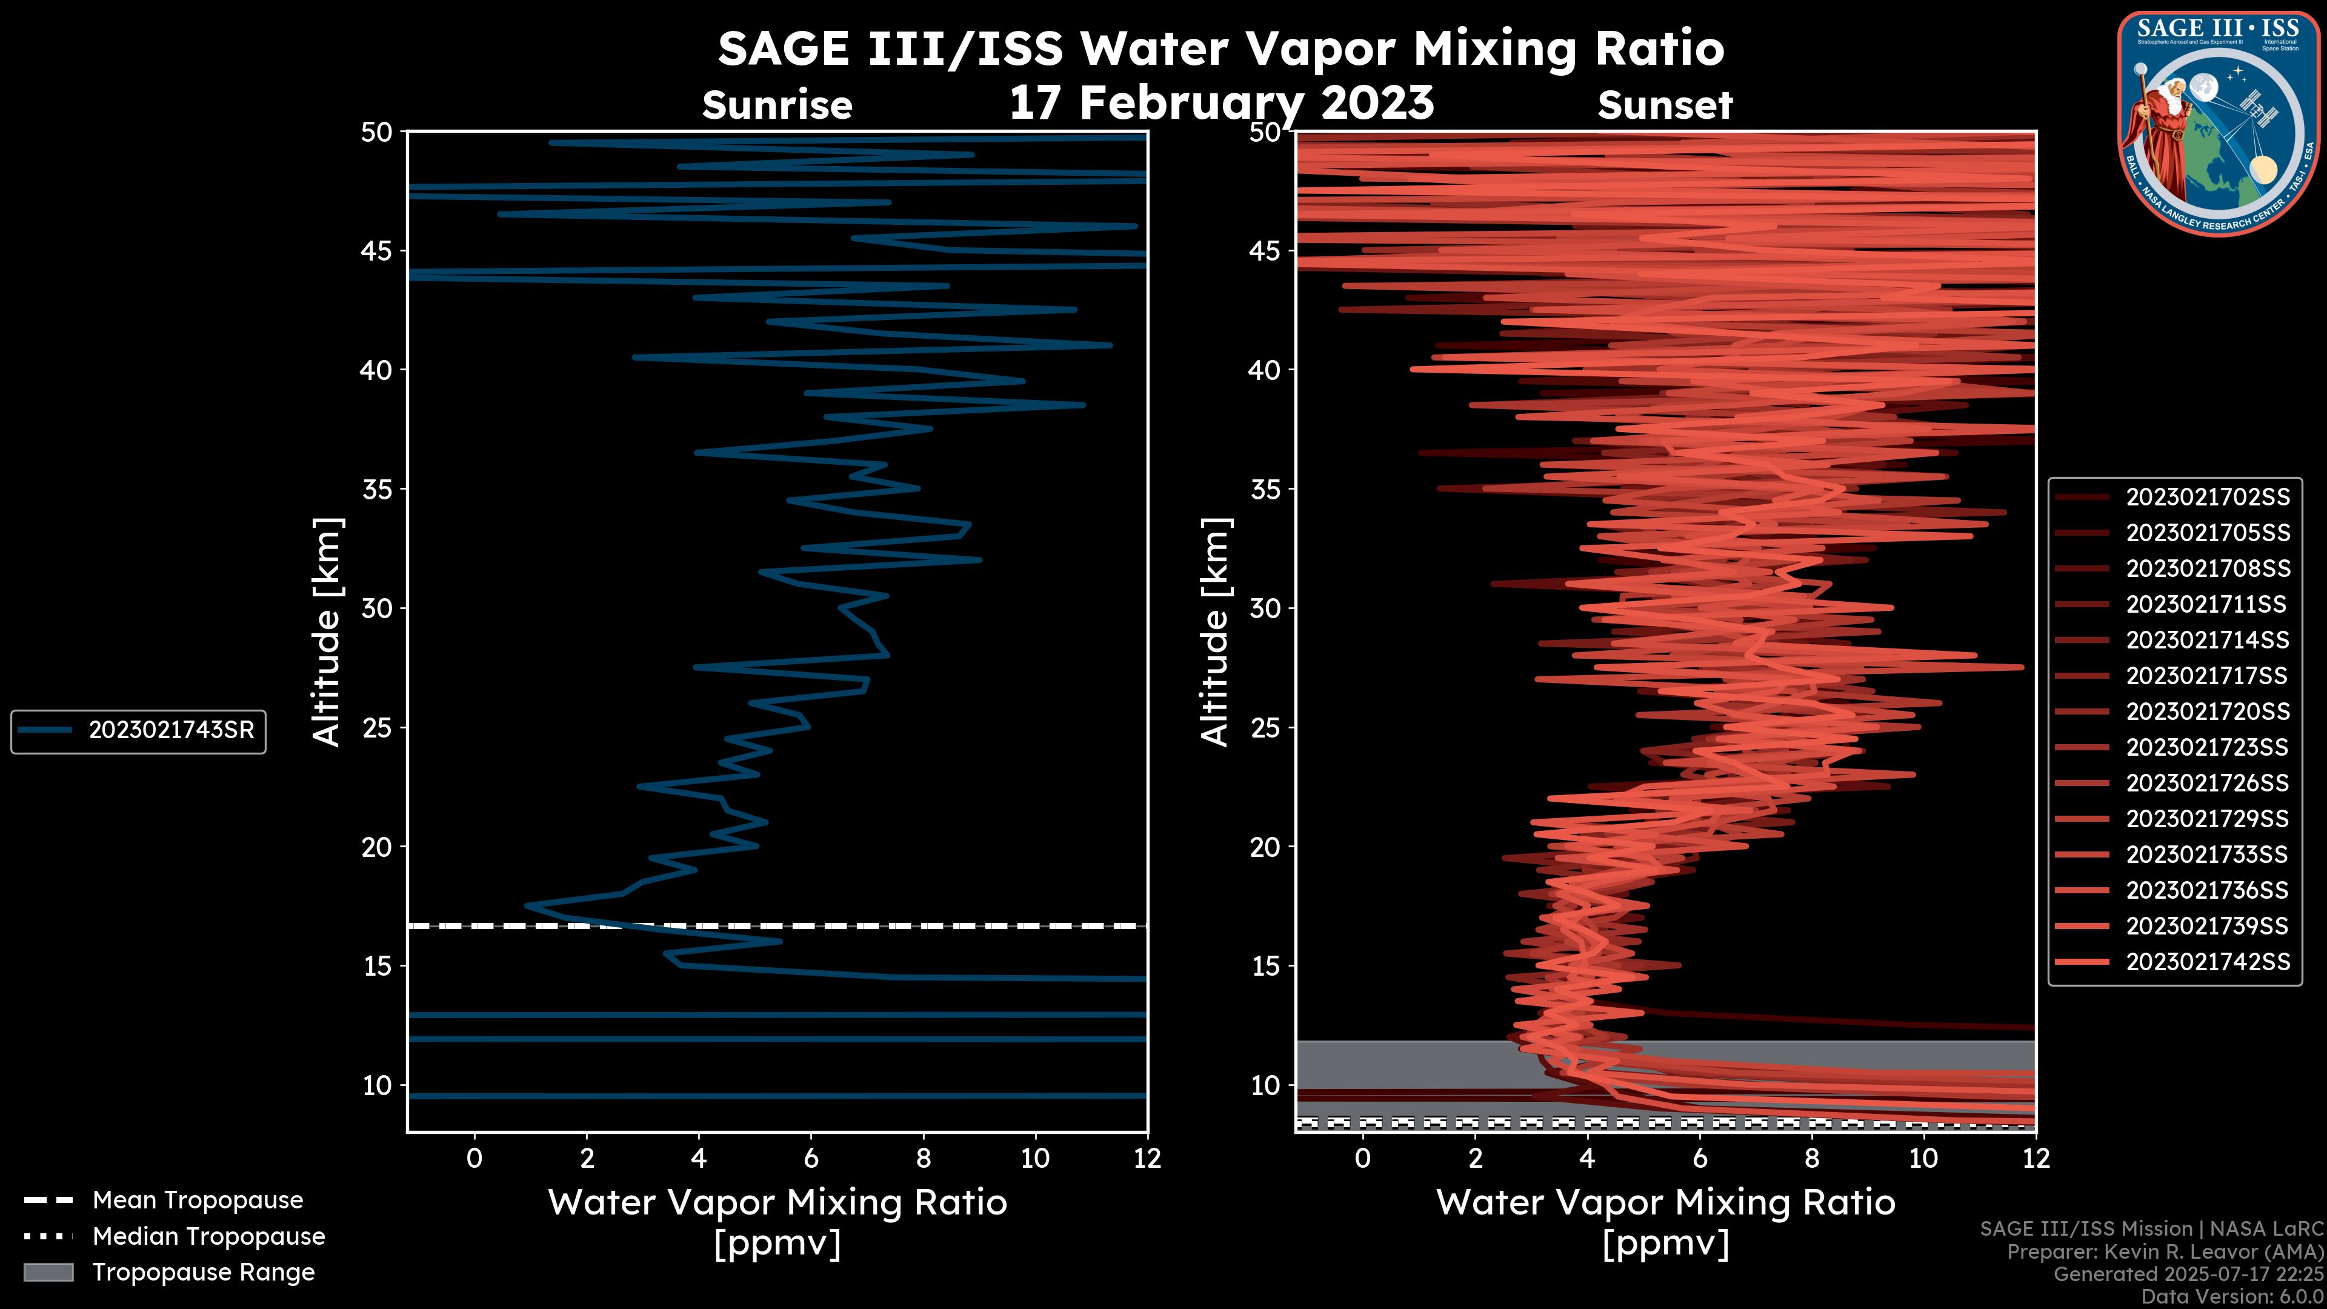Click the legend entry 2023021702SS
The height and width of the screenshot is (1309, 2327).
point(2207,498)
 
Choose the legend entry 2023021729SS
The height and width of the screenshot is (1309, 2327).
point(2207,819)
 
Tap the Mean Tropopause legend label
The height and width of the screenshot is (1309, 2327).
point(197,1201)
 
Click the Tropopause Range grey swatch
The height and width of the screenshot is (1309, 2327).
point(48,1273)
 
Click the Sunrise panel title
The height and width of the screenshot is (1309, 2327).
point(777,105)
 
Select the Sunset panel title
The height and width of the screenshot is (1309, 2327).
point(1665,105)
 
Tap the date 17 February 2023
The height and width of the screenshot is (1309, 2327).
point(1221,102)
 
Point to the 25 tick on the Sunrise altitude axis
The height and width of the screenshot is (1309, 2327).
point(377,728)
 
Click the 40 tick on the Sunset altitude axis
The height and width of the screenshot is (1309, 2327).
point(1265,370)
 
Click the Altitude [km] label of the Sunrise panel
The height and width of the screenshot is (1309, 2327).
point(327,632)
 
